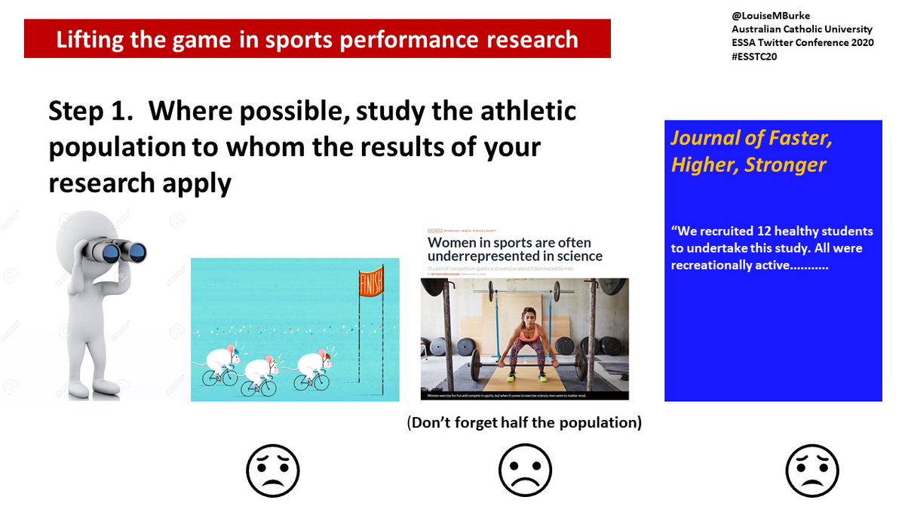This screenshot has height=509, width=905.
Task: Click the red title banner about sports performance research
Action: pyautogui.click(x=317, y=40)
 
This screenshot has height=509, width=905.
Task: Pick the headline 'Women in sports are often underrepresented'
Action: pyautogui.click(x=515, y=250)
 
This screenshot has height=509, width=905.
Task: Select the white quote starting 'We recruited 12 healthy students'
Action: pyautogui.click(x=772, y=248)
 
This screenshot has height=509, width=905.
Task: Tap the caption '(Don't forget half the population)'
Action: pyautogui.click(x=524, y=423)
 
